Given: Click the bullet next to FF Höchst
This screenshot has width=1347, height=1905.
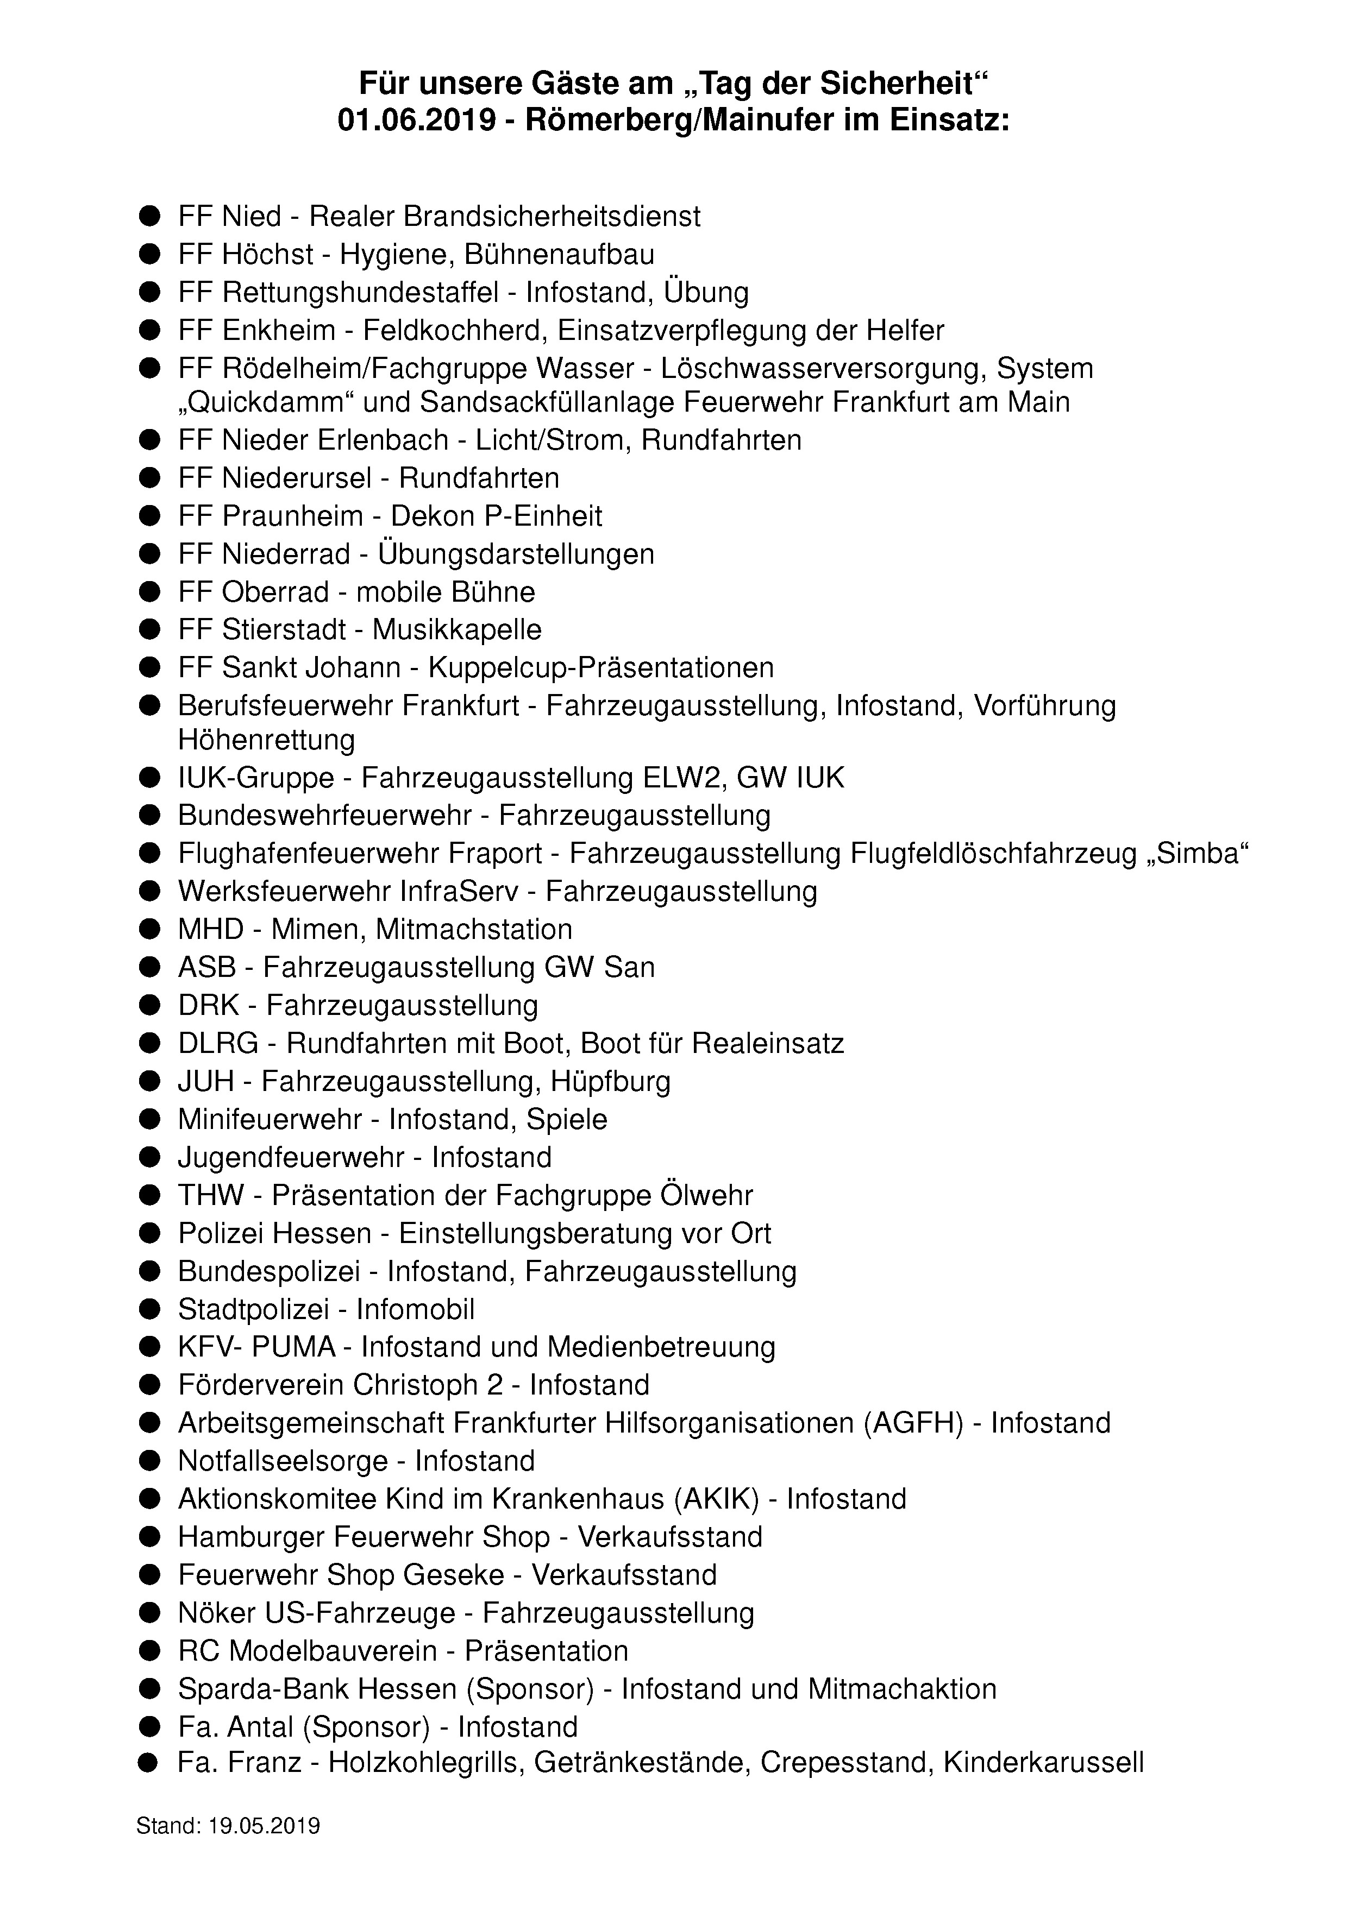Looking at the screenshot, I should pyautogui.click(x=149, y=255).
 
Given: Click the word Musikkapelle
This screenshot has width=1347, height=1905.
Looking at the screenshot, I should pyautogui.click(x=456, y=630).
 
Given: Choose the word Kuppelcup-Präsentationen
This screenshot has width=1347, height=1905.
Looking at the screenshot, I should pyautogui.click(x=601, y=668).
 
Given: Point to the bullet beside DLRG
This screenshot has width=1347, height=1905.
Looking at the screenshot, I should pyautogui.click(x=149, y=1044).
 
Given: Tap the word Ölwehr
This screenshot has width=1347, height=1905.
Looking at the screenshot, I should pyautogui.click(x=706, y=1196).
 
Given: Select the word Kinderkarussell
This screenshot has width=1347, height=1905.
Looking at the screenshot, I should pyautogui.click(x=1043, y=1765).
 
